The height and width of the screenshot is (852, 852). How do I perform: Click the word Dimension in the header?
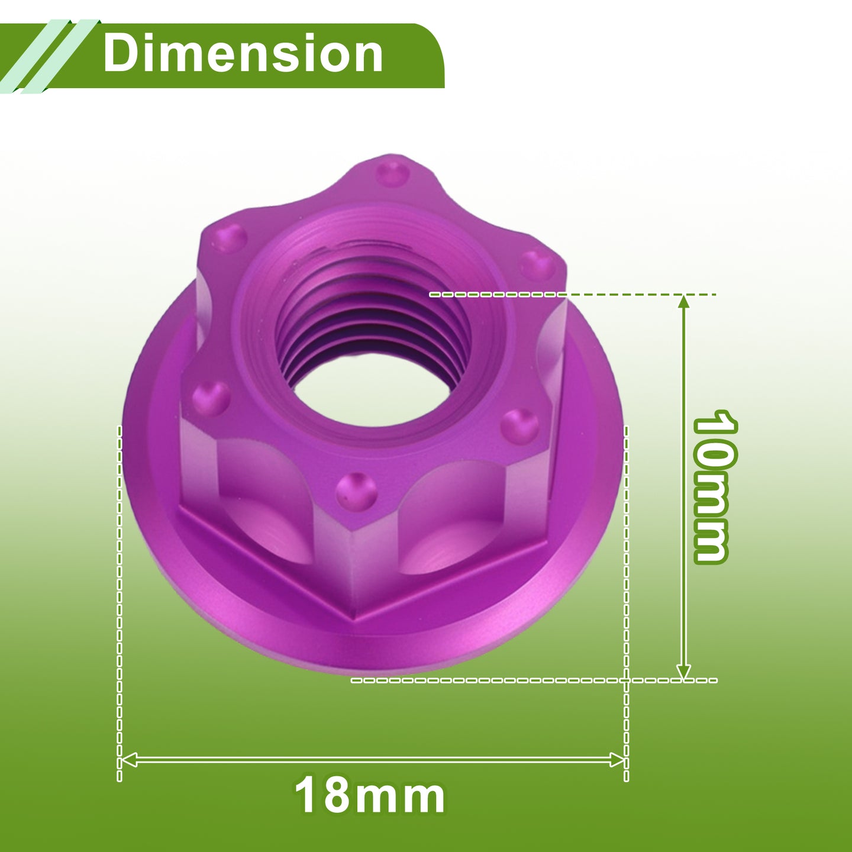[x=243, y=54]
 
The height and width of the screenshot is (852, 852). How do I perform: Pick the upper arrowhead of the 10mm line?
[x=683, y=302]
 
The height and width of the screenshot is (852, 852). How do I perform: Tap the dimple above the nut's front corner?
[x=356, y=490]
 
